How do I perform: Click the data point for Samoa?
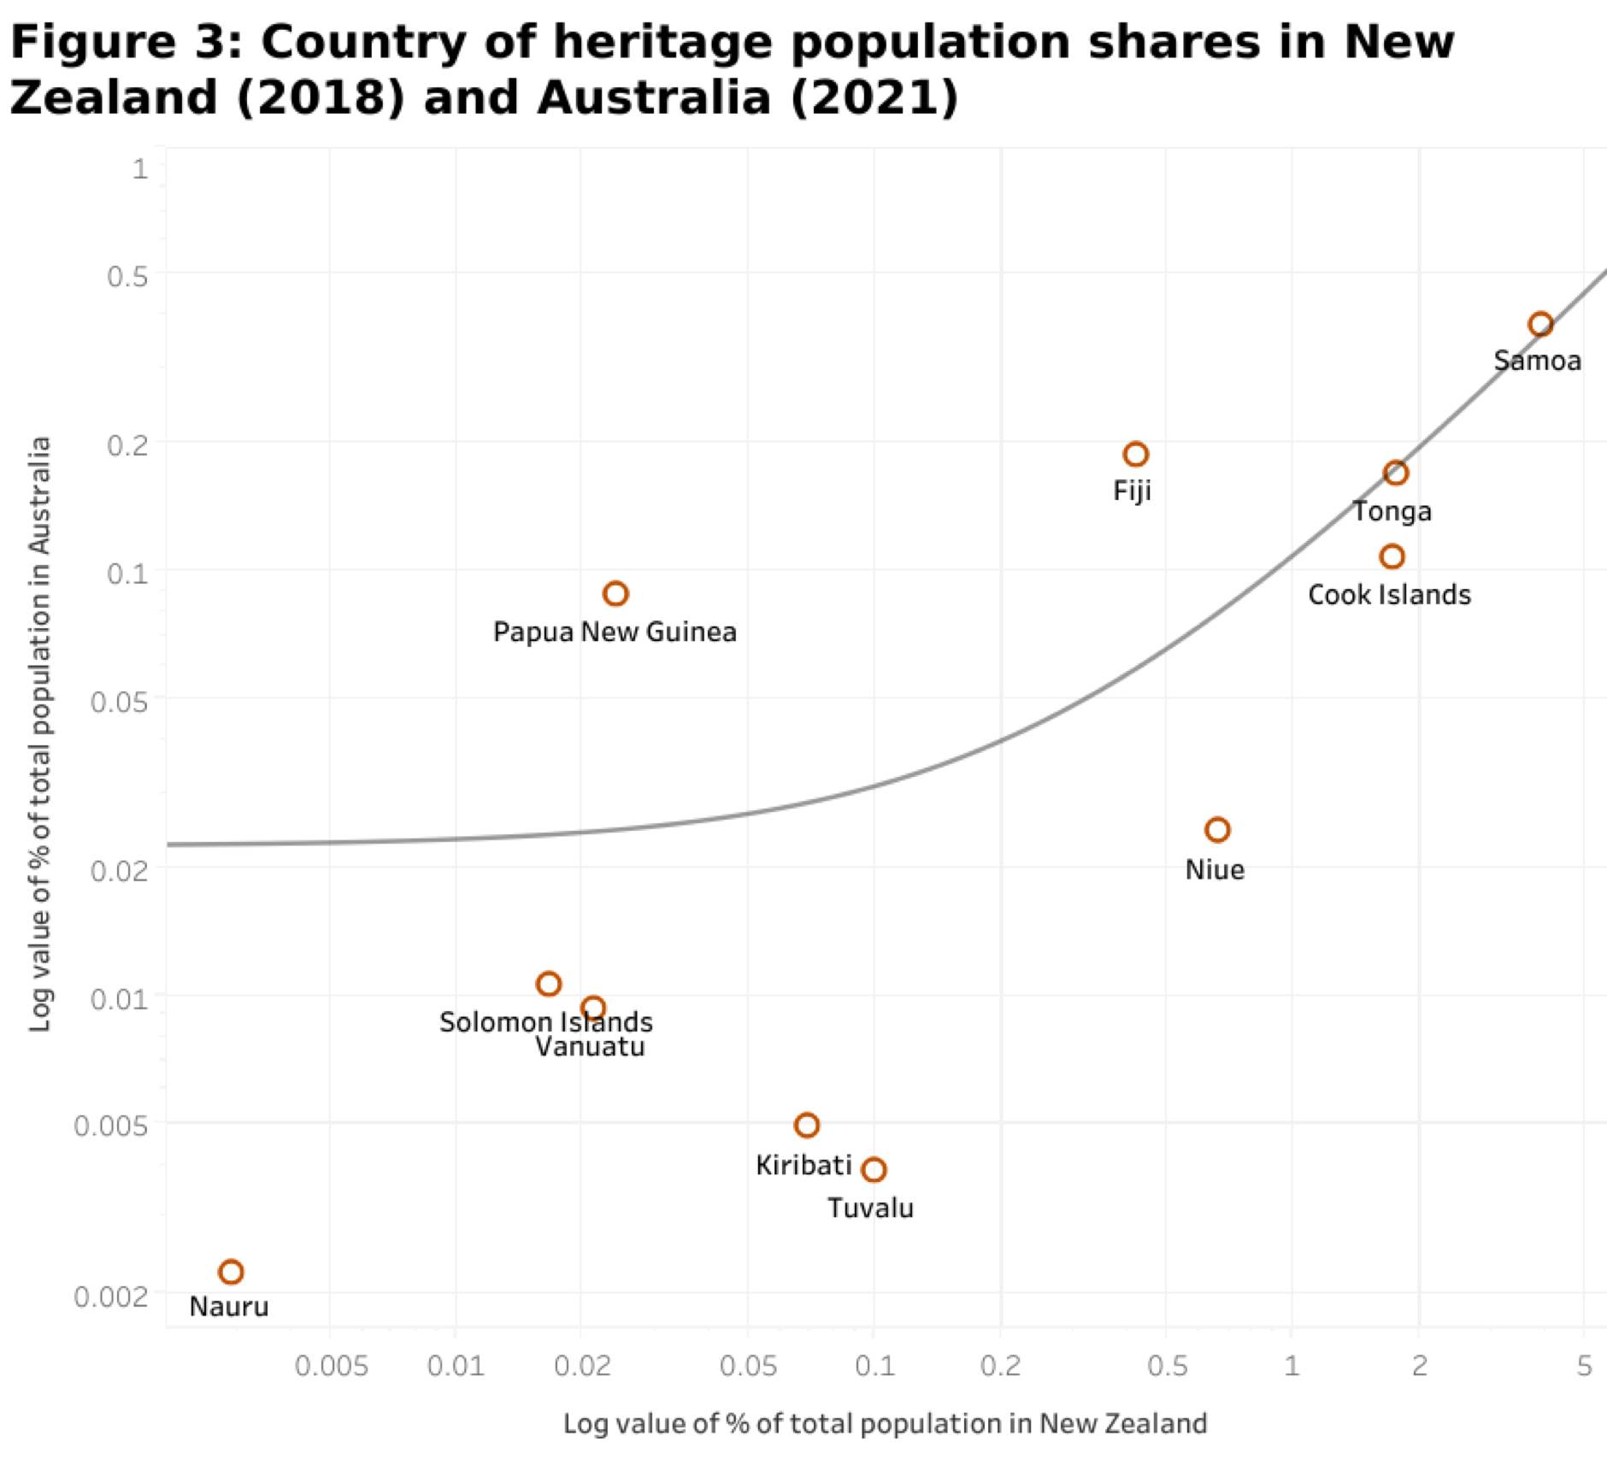tap(1540, 324)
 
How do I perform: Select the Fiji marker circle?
tap(1135, 454)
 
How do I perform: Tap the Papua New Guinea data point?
tap(615, 593)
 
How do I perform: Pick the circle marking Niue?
tap(1217, 829)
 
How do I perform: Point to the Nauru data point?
tap(231, 1272)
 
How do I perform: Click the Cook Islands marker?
tap(1392, 556)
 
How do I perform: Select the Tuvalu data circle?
tap(874, 1169)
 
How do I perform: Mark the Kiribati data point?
tap(807, 1125)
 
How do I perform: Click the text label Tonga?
tap(1392, 511)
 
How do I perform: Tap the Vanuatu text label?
tap(590, 1047)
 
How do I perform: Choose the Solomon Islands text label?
tap(545, 1022)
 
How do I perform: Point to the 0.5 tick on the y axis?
tap(127, 276)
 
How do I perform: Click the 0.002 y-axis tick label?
tap(111, 1297)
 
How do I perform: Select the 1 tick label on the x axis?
tap(1292, 1366)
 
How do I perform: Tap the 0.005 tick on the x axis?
tap(332, 1366)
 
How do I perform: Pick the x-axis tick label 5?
tap(1584, 1366)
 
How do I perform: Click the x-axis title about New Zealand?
tap(885, 1423)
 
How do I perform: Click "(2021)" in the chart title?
tap(874, 97)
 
